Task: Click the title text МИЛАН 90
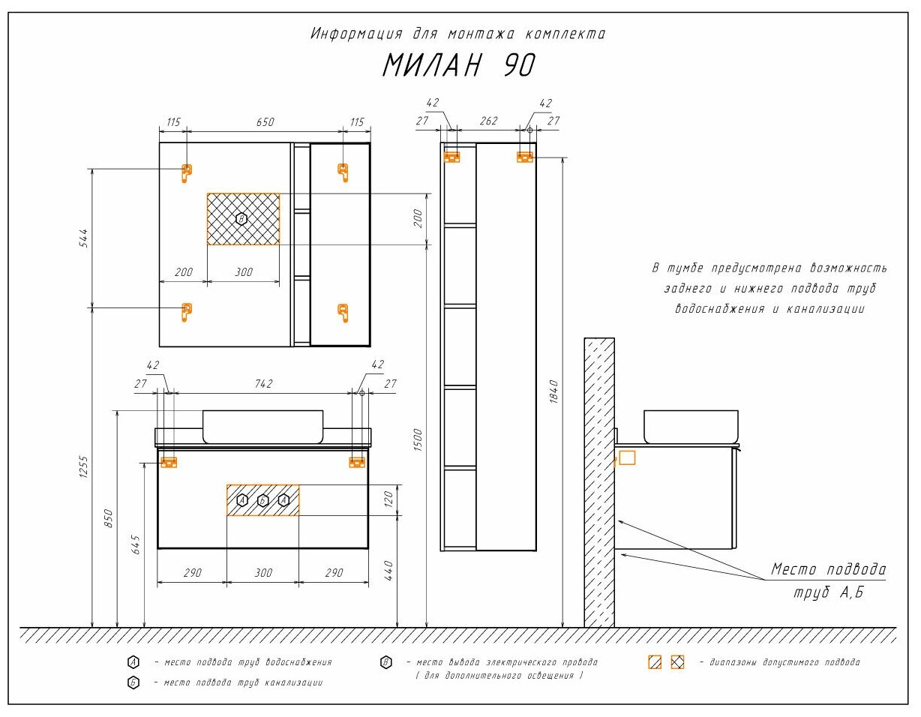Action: [x=459, y=66]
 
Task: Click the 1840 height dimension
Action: [x=553, y=391]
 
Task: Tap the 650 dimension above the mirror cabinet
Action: [x=265, y=122]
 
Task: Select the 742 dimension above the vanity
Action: [x=264, y=383]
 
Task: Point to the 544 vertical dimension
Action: [x=84, y=238]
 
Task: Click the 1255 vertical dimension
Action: [x=84, y=467]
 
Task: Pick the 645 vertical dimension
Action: [x=136, y=544]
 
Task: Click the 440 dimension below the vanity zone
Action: [x=388, y=571]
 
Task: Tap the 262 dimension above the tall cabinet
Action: [x=488, y=121]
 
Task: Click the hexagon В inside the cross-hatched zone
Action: [x=241, y=219]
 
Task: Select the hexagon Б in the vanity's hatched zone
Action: [x=262, y=501]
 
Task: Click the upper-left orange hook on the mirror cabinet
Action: [x=187, y=173]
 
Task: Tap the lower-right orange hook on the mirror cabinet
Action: [x=343, y=313]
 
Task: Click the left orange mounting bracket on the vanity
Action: [x=169, y=462]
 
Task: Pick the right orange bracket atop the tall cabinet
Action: [x=525, y=157]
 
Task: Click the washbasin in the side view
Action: [x=691, y=427]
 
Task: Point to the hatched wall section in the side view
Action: [x=599, y=483]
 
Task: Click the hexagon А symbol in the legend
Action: [x=133, y=662]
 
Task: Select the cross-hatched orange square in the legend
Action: [x=677, y=662]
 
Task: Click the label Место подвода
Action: [x=828, y=569]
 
